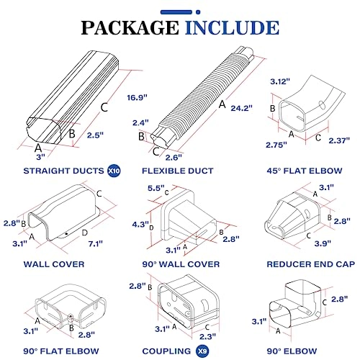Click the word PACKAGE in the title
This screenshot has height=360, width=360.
click(128, 27)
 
